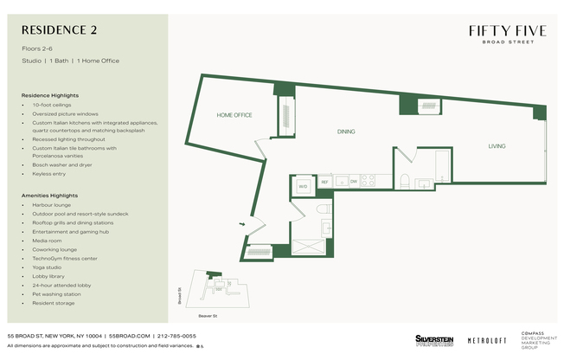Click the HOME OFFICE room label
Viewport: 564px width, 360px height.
point(234,115)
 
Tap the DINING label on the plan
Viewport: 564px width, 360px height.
point(346,132)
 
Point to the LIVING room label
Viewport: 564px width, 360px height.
point(497,146)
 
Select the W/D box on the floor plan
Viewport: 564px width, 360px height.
point(304,186)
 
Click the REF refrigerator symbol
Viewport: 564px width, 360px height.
point(325,182)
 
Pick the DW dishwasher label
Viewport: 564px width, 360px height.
point(353,182)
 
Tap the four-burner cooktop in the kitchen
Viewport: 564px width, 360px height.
point(368,181)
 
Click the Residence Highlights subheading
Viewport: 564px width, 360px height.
point(50,95)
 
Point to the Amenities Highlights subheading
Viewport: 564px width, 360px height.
point(50,196)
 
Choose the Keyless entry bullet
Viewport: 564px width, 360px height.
point(48,174)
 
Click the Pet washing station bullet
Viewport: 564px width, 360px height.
point(56,294)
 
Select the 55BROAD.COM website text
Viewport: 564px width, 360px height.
point(129,336)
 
